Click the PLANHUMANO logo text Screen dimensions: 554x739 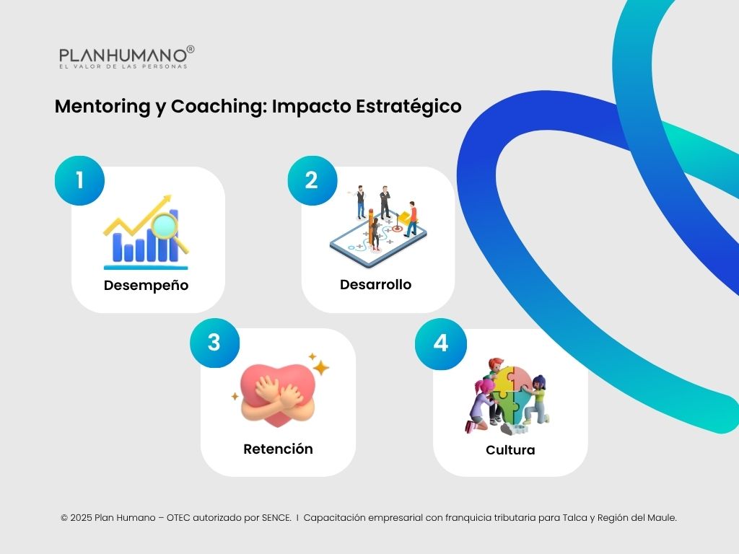123,56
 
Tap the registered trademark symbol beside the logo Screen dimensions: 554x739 191,49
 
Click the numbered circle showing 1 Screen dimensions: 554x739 80,180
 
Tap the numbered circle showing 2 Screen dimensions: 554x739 312,180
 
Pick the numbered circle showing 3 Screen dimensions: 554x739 214,342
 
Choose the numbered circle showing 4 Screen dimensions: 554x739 441,343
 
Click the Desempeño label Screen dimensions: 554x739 146,285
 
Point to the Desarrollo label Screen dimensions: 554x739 375,284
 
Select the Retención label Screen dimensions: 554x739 278,449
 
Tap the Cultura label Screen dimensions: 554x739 510,450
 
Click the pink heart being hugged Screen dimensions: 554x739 277,382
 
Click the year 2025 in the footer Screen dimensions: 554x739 82,517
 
